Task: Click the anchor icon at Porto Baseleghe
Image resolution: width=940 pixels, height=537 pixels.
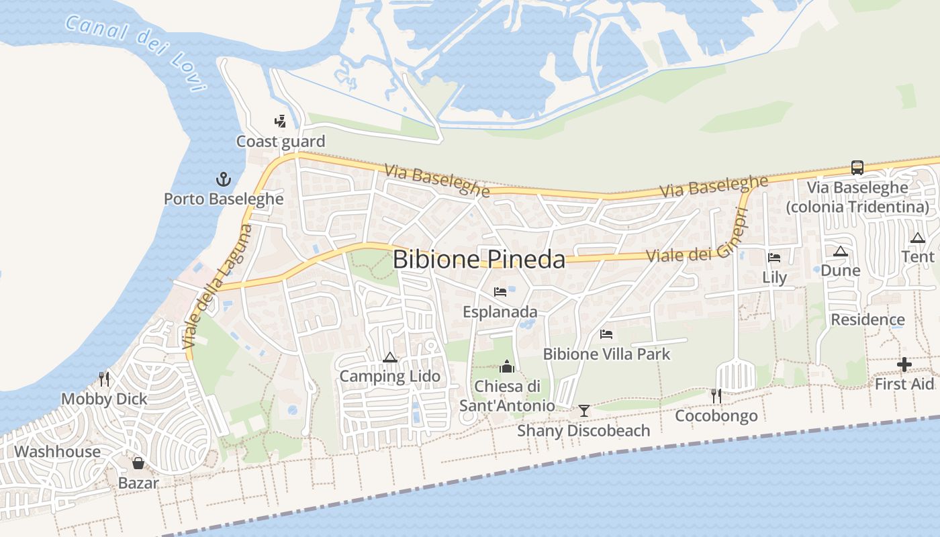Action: (x=223, y=179)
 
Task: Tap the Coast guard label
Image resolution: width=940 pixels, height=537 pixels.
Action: (x=280, y=142)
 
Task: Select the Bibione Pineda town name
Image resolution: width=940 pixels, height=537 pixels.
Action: (x=479, y=260)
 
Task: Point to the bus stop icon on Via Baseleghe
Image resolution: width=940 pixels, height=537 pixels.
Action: (x=857, y=167)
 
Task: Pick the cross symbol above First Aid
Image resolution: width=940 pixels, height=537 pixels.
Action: (x=904, y=365)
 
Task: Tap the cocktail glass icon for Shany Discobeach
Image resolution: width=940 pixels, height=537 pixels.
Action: (x=584, y=410)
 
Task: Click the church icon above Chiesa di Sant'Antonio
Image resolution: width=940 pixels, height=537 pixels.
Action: (x=507, y=367)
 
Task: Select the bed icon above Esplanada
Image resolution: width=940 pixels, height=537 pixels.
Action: (x=500, y=291)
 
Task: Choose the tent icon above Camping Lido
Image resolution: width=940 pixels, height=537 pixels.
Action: (x=389, y=357)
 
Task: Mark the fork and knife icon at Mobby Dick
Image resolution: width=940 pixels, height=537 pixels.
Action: (x=104, y=379)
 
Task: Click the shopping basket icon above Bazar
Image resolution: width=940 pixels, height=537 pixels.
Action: (x=138, y=463)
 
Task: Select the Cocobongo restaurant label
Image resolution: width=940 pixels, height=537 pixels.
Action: (x=716, y=416)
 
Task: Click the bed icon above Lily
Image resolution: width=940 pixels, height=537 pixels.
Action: (x=774, y=257)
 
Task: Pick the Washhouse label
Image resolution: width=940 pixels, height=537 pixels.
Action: (x=57, y=452)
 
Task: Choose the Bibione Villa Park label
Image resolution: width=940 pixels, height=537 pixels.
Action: (x=606, y=354)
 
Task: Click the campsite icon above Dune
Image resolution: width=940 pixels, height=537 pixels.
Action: (x=840, y=252)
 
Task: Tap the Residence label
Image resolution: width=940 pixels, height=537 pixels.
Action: (x=867, y=320)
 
